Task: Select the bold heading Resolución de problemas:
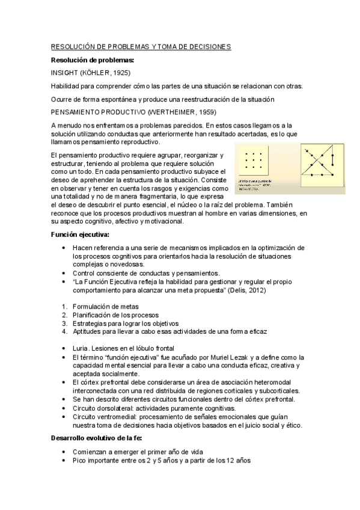point(92,60)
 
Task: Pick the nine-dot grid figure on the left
point(256,162)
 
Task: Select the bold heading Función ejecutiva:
point(81,235)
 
